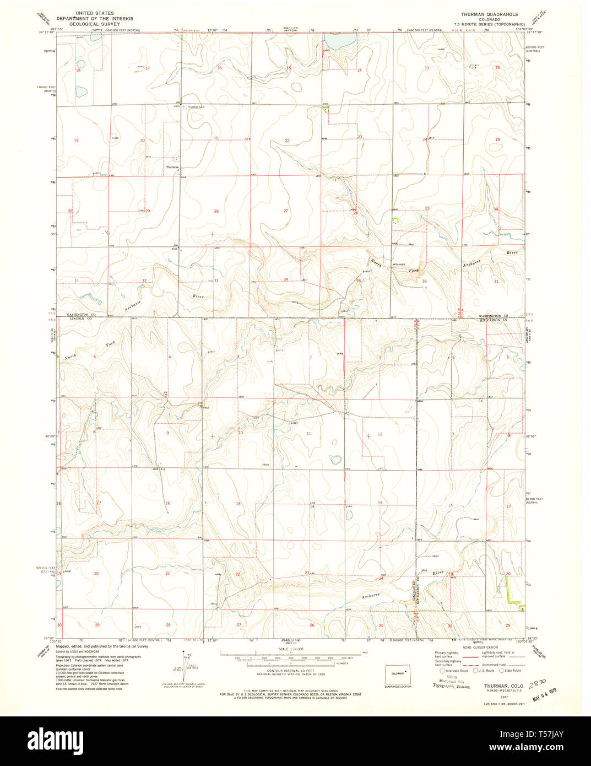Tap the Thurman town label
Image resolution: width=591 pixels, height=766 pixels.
[173, 166]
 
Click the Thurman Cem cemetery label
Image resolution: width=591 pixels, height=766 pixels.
[195, 107]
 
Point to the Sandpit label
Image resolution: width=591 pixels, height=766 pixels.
[399, 265]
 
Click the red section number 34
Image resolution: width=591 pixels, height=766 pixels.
[285, 279]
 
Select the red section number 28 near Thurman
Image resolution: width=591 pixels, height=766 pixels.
[216, 211]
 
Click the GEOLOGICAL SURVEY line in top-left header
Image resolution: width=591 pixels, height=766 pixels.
[89, 25]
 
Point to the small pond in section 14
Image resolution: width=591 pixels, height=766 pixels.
[349, 515]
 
